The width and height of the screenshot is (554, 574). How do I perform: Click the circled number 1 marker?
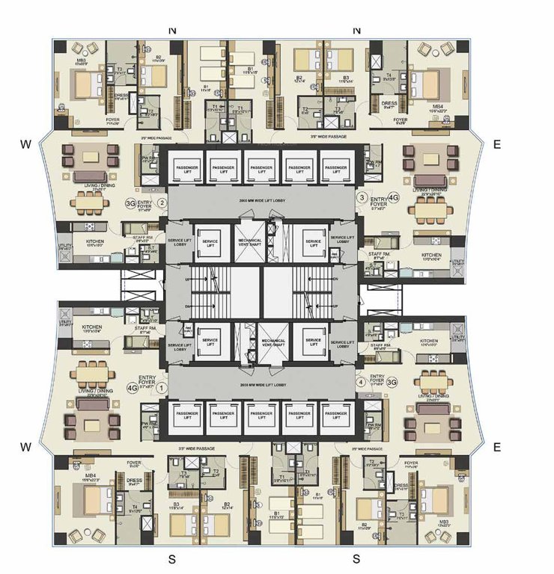point(159,387)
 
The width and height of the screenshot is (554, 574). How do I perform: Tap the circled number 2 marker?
point(162,200)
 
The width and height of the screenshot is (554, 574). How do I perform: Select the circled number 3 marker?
point(362,198)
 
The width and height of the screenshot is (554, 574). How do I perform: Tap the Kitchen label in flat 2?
point(94,241)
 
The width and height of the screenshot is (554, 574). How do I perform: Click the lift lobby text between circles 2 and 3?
point(261,202)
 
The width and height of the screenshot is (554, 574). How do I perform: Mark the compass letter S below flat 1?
point(171,558)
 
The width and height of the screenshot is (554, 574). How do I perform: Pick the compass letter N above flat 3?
point(356,30)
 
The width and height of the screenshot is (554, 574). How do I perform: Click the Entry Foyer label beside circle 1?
point(147,382)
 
